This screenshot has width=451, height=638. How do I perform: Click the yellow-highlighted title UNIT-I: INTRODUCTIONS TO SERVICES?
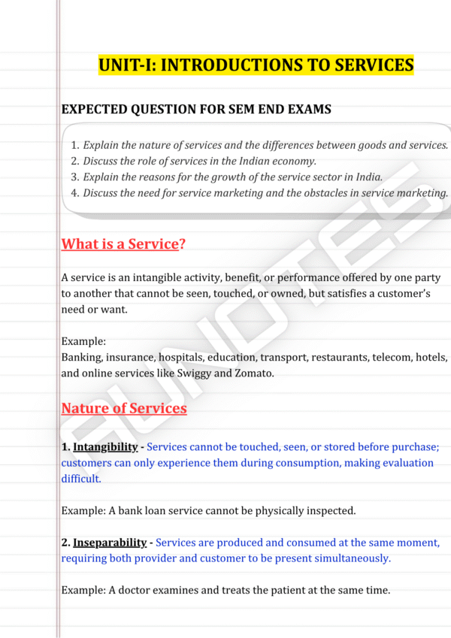click(256, 65)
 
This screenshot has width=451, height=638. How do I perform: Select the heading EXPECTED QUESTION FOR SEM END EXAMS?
click(196, 110)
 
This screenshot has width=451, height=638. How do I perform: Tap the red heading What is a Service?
click(123, 244)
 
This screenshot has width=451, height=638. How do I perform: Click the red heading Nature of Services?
click(124, 409)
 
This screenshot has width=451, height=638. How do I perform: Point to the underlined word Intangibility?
click(105, 447)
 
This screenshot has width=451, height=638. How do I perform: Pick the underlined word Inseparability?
click(110, 543)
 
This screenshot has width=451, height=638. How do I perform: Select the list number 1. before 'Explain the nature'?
click(74, 145)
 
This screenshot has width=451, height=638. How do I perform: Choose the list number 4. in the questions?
click(74, 193)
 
